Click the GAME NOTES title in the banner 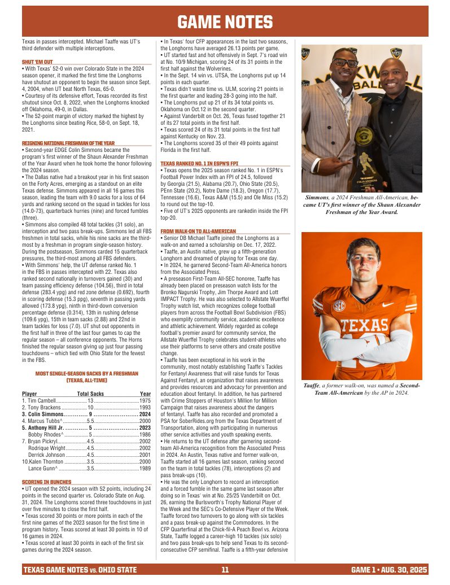click(x=225, y=22)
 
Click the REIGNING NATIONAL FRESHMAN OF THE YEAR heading click(x=68, y=143)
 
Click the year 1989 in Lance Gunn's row click(x=145, y=468)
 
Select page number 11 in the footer click(x=225, y=570)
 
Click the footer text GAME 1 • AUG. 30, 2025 click(x=388, y=570)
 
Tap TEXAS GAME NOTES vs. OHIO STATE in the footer click(x=80, y=570)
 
